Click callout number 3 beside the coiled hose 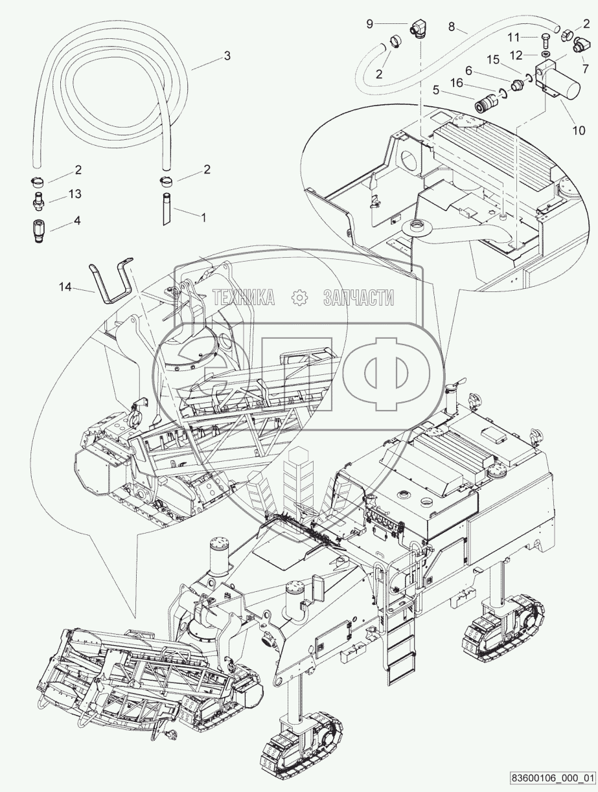[227, 56]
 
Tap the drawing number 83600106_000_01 [552, 777]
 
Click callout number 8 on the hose [452, 28]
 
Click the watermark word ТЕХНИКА [244, 297]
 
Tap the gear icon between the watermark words [299, 297]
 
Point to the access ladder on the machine [397, 641]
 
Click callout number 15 [493, 60]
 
